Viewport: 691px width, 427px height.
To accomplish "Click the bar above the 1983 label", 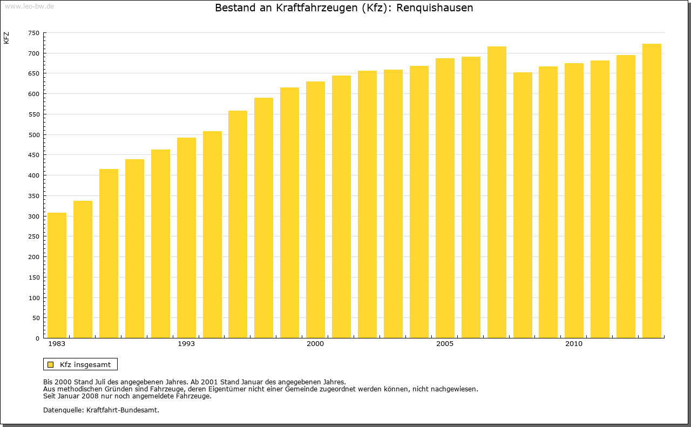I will click(57, 275).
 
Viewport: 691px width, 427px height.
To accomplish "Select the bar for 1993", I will click(186, 238).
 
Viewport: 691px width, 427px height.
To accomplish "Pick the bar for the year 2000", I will click(315, 210).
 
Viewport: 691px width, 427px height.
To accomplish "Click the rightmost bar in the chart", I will click(652, 191).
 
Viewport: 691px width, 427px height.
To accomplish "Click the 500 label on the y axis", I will click(33, 135).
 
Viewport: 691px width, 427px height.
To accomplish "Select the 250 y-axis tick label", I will click(33, 236).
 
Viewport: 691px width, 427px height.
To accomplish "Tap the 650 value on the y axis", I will click(33, 73).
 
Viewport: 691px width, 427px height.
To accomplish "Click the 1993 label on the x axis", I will click(186, 344).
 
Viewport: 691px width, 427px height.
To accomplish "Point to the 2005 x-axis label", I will click(445, 344).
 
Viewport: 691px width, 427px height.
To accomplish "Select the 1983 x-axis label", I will click(57, 344).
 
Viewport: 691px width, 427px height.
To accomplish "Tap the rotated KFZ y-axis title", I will click(6, 38).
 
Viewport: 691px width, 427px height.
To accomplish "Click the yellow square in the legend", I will click(50, 364).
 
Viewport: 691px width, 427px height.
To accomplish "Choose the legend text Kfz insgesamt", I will click(85, 364).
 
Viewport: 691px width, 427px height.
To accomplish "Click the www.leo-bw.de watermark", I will click(29, 6).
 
